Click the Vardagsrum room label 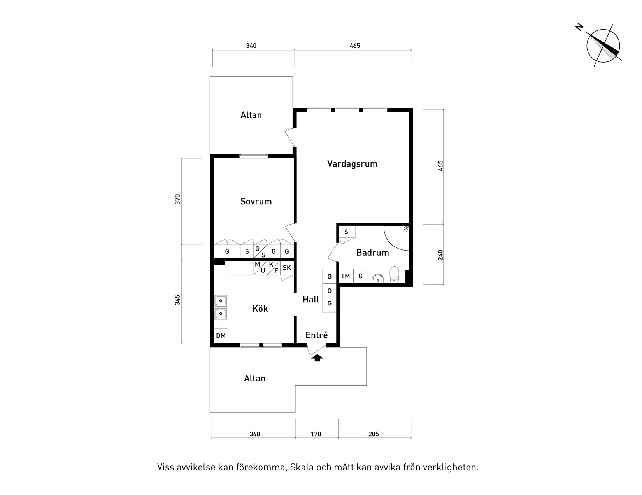click(x=352, y=164)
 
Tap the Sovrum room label click(x=256, y=202)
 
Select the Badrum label click(x=372, y=253)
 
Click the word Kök click(x=260, y=309)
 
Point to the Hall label click(x=311, y=299)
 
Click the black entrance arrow click(x=317, y=358)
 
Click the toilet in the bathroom click(x=395, y=274)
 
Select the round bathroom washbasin click(x=377, y=278)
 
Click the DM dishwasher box click(x=221, y=335)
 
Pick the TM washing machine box click(x=346, y=276)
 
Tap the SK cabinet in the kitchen click(x=287, y=268)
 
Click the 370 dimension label click(x=178, y=199)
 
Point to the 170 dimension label click(x=316, y=434)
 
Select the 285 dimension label click(x=373, y=434)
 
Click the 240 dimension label click(x=440, y=255)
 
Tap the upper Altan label click(x=251, y=115)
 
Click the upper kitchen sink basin click(x=221, y=301)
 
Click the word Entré click(x=316, y=335)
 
